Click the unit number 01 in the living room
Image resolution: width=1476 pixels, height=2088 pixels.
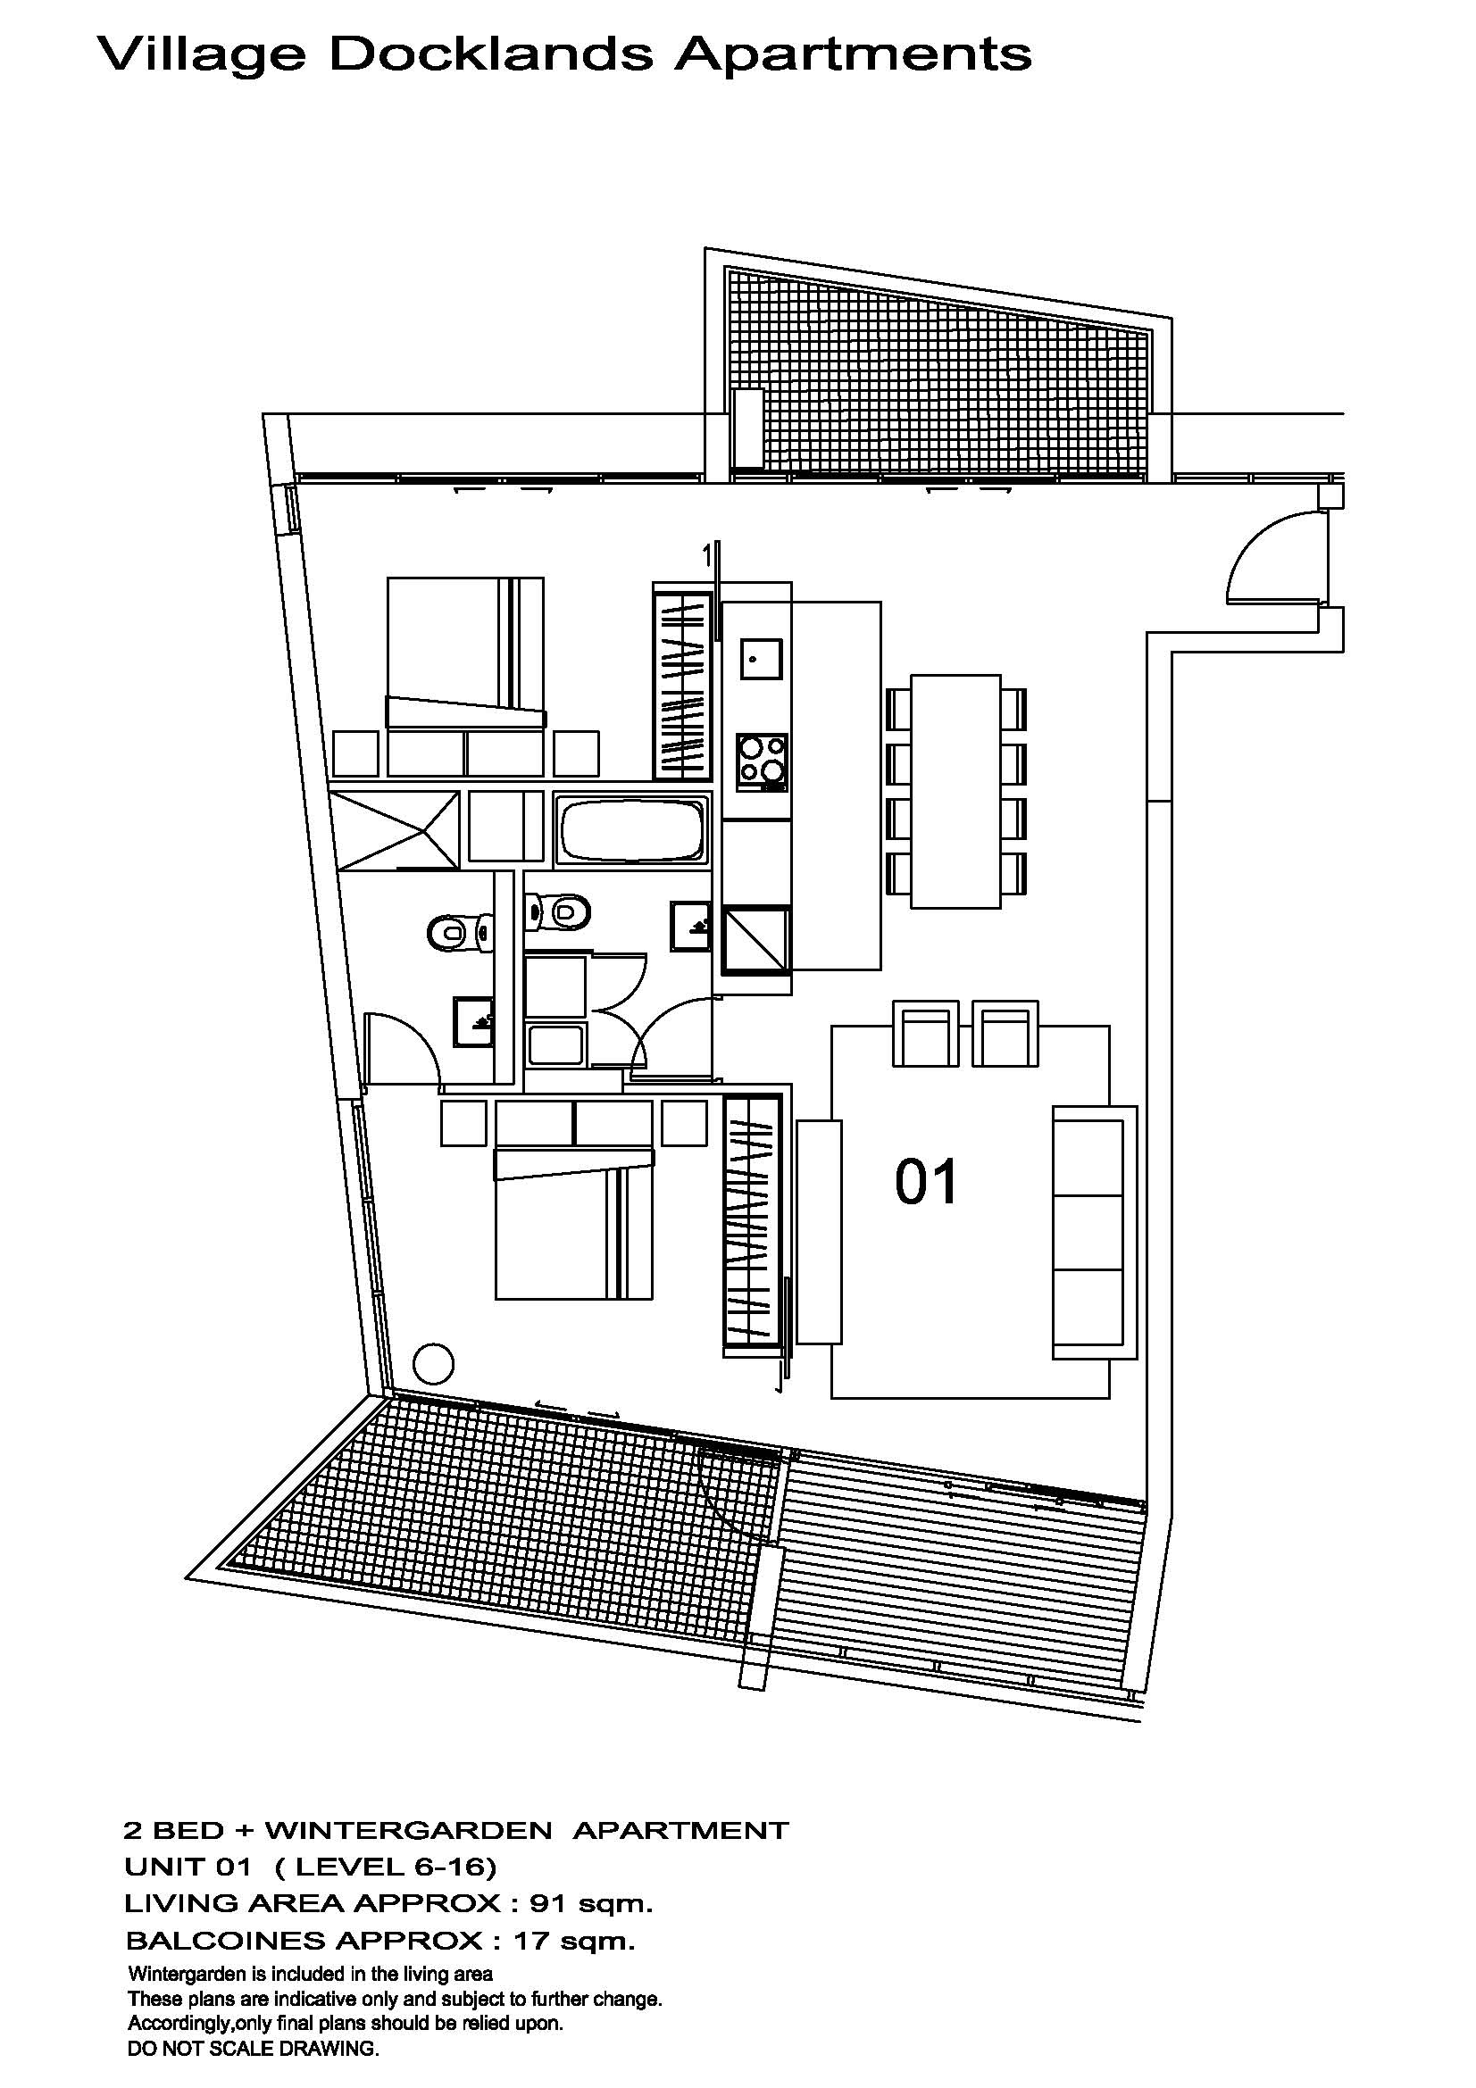click(926, 1182)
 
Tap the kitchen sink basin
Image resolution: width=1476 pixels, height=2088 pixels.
click(760, 659)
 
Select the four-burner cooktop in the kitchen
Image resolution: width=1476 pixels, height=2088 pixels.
click(762, 759)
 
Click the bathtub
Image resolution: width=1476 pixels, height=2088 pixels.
click(633, 830)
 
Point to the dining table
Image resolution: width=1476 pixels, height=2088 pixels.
click(955, 790)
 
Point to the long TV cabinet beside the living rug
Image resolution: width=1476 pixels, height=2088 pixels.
click(820, 1231)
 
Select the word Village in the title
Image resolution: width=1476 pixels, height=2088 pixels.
click(201, 55)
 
